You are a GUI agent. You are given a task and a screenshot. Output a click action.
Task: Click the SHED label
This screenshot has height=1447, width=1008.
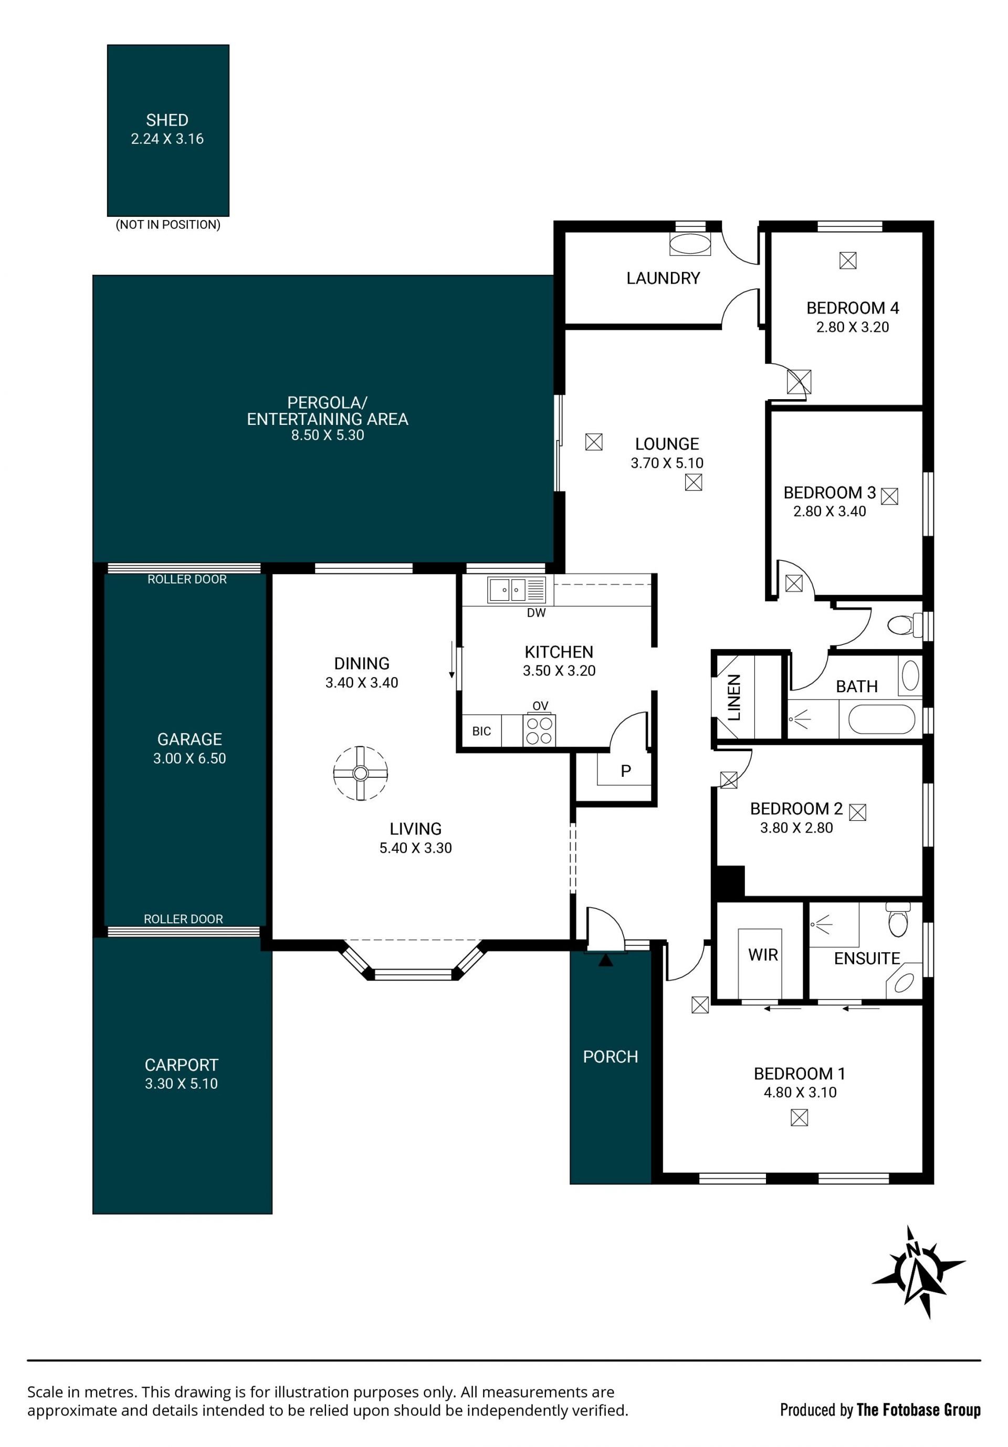pos(167,120)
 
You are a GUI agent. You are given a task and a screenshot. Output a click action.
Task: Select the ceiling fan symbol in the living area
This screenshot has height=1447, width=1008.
pos(360,773)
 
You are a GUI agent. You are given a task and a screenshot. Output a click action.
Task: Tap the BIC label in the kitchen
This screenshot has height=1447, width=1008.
pos(481,731)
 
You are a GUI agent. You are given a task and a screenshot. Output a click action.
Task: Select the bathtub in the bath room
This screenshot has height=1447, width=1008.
pos(881,720)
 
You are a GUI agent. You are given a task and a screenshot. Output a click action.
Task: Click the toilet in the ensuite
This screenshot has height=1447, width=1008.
pos(898,920)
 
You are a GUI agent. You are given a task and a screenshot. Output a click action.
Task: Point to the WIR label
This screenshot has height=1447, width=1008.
pos(763,955)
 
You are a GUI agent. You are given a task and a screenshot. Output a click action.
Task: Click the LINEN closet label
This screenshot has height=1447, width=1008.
pos(734,697)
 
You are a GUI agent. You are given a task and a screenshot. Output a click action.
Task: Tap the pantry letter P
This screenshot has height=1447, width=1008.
pos(626,771)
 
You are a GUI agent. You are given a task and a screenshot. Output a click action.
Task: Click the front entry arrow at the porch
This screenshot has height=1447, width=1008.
pos(605,961)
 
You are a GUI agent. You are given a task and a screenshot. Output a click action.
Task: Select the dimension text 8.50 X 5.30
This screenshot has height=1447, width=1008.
pos(328,435)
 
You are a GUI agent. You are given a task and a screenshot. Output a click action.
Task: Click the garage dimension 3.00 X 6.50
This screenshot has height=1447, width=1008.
pos(190,758)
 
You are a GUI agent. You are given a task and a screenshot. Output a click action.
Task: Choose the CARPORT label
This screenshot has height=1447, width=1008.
pos(182,1065)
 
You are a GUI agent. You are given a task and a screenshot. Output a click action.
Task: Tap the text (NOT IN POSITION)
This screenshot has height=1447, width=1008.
pos(168,224)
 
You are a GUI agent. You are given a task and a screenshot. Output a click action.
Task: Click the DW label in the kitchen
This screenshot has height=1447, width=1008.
pos(536,612)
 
